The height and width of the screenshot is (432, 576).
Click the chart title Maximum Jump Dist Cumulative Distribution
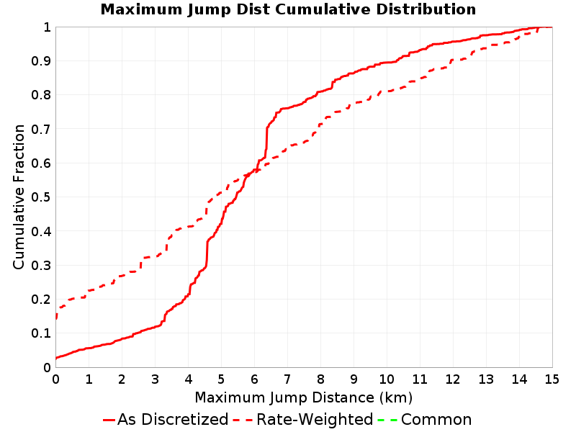coord(288,9)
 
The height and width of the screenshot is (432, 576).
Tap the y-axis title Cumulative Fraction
coord(19,197)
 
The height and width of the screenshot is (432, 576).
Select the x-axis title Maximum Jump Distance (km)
coord(304,398)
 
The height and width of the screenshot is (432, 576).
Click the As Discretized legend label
coord(173,420)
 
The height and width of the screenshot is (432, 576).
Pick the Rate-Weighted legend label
coord(315,420)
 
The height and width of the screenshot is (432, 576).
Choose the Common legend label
coord(436,420)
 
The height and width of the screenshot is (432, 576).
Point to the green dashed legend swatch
coord(387,420)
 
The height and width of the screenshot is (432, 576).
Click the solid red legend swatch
coord(109,420)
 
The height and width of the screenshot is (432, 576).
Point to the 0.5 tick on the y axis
coord(41,197)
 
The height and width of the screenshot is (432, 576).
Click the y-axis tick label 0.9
coord(41,61)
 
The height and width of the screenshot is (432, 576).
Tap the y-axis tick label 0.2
coord(41,300)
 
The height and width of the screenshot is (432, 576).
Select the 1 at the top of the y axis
coord(47,27)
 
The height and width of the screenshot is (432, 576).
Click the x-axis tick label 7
coord(287,379)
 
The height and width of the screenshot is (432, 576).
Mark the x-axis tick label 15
coord(552,379)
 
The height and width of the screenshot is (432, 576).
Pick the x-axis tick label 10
coord(387,379)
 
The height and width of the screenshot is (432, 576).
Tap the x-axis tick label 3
coord(155,379)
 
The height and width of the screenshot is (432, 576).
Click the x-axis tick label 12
coord(453,379)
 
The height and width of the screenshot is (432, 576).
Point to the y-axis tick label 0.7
coord(41,129)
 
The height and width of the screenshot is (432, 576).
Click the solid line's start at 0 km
coord(56,358)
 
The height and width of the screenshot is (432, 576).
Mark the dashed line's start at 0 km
coord(56,318)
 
